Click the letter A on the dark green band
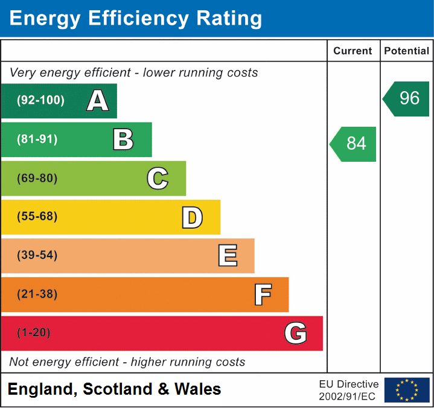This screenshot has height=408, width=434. (x=98, y=101)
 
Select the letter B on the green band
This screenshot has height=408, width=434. (x=123, y=139)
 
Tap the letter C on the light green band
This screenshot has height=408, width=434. (x=158, y=178)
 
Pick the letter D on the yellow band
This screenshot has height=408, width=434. (x=192, y=217)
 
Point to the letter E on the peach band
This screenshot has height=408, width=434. (x=227, y=256)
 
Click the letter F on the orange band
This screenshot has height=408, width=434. (x=262, y=295)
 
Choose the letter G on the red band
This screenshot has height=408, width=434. (x=295, y=333)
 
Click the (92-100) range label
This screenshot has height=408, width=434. (x=41, y=101)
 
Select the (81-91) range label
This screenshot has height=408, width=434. (x=37, y=139)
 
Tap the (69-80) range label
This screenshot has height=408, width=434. (x=37, y=178)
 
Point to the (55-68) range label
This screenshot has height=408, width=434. (x=37, y=217)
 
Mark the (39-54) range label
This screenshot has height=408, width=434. (x=37, y=255)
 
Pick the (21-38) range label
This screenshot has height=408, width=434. (x=37, y=295)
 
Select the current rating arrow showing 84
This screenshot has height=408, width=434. (x=354, y=144)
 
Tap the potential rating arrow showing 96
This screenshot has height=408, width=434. (x=407, y=98)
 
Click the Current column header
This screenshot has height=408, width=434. (x=353, y=51)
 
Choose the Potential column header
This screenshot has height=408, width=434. (x=407, y=51)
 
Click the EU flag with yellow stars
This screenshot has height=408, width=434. (x=407, y=390)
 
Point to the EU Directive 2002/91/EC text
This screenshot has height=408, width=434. (x=349, y=390)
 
